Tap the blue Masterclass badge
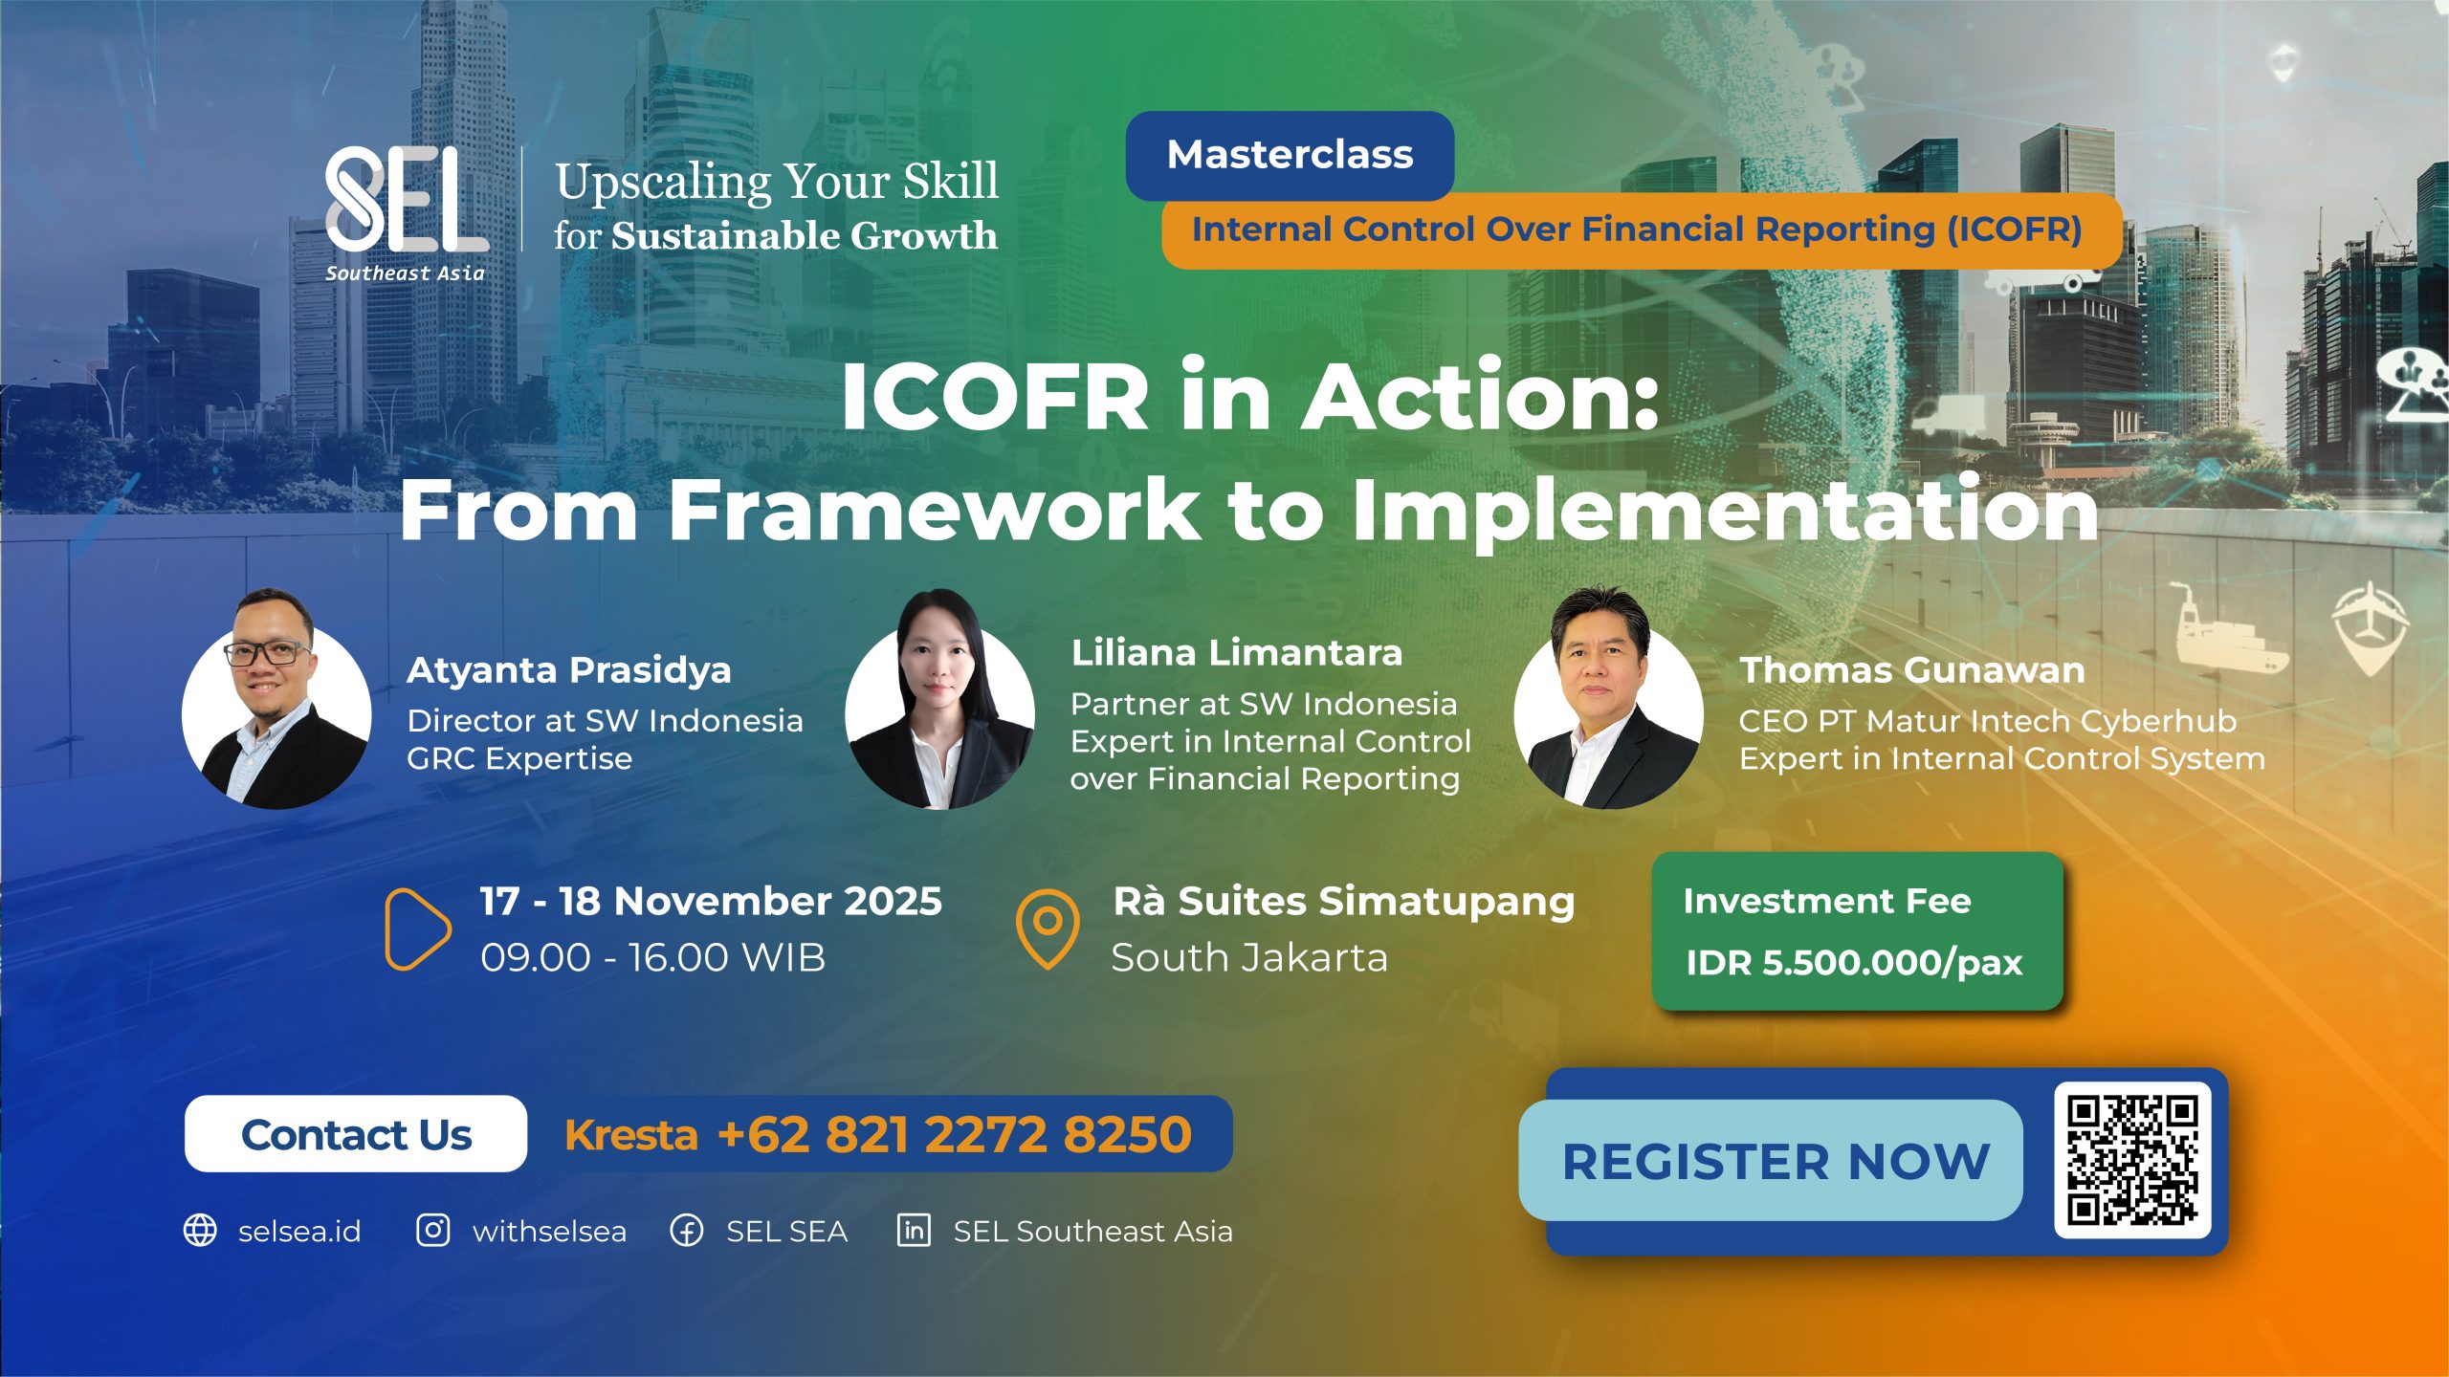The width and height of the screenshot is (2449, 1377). pos(1290,155)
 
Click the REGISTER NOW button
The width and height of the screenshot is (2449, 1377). pos(1771,1161)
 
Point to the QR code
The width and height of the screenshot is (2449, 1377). pos(2132,1160)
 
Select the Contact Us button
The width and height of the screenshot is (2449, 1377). pos(356,1134)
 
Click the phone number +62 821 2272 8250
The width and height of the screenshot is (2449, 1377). pos(955,1134)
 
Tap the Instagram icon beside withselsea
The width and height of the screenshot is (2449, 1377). pos(432,1230)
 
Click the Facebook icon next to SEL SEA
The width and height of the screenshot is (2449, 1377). pos(687,1231)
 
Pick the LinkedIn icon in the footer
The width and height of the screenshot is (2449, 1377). pos(914,1230)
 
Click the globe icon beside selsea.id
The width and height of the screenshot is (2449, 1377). pos(200,1231)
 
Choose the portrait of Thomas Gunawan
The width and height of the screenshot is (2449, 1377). pos(1608,698)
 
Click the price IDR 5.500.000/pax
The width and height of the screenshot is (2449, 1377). pos(1854,963)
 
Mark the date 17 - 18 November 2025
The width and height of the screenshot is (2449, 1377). pos(711,902)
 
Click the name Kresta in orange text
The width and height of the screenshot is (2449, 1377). pos(631,1135)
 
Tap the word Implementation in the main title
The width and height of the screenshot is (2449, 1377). pos(1725,512)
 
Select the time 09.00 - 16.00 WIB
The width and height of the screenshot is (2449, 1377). pos(652,958)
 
